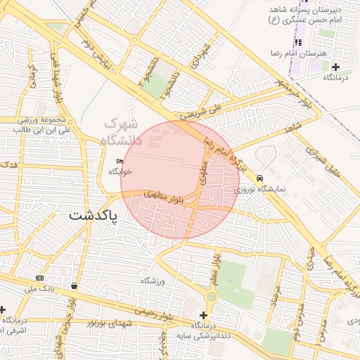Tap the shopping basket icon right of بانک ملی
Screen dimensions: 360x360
click(75, 285)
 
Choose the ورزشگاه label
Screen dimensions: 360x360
click(152, 281)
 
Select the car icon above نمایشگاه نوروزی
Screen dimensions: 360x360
click(260, 179)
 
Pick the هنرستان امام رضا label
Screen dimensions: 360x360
click(296, 53)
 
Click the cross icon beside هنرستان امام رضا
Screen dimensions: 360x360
click(335, 67)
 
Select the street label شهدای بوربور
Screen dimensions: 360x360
click(105, 323)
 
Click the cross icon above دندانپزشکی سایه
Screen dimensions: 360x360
click(204, 315)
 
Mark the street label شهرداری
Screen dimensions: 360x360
click(204, 51)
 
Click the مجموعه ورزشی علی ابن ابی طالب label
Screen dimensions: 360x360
click(41, 124)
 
